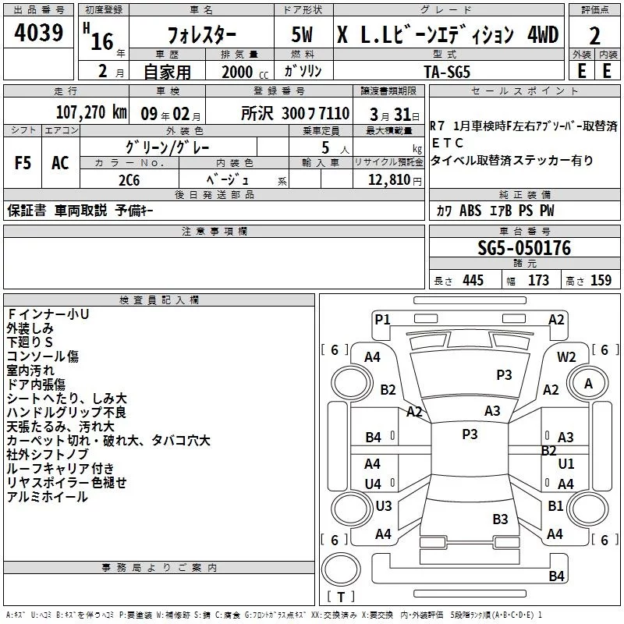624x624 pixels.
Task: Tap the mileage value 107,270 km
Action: (x=90, y=112)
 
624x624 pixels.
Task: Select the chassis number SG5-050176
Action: (x=524, y=249)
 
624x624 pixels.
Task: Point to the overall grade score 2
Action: (x=595, y=35)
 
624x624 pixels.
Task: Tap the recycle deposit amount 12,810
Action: (x=388, y=179)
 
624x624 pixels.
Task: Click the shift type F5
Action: (x=22, y=163)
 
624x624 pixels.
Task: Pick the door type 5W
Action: (x=303, y=36)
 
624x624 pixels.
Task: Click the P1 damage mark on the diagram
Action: (x=382, y=318)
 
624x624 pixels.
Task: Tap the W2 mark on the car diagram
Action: (x=566, y=356)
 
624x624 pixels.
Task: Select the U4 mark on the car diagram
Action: (x=373, y=484)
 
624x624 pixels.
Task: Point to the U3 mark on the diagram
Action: (x=383, y=506)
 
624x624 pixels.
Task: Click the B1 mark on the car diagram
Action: (x=555, y=506)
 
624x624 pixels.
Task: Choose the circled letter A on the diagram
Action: (x=589, y=384)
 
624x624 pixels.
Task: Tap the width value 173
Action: (x=538, y=281)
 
